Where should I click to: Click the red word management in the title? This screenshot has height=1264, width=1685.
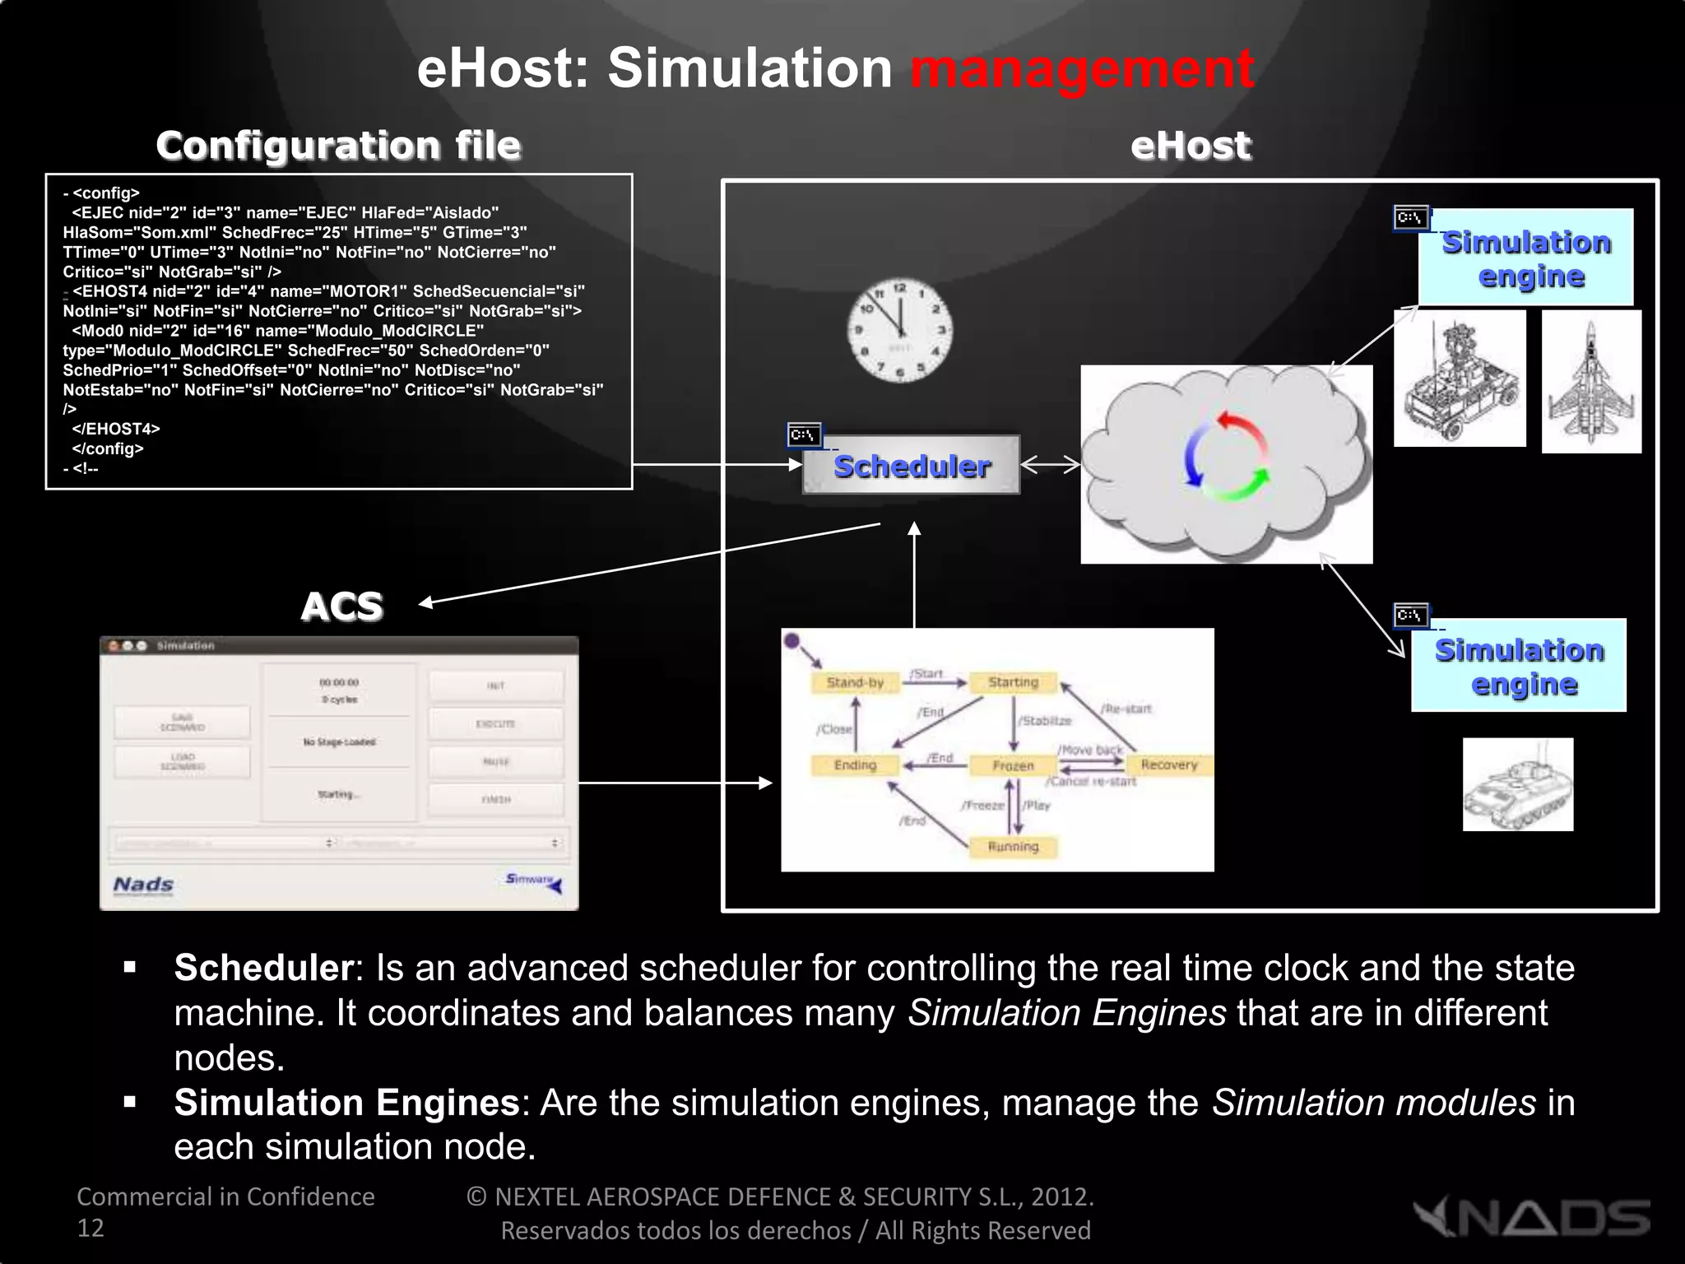(x=1082, y=68)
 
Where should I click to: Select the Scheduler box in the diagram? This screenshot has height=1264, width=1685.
(x=912, y=466)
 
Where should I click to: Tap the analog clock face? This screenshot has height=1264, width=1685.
(x=900, y=330)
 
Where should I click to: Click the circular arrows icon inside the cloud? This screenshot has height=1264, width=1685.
(x=1226, y=457)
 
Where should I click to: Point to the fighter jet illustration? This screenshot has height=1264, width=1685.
(x=1590, y=381)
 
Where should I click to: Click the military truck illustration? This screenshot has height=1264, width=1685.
(x=1460, y=379)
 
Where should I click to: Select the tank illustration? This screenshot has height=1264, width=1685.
(x=1518, y=784)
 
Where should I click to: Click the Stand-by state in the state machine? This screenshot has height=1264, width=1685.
(x=855, y=682)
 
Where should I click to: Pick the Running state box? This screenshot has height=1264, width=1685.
(x=1013, y=847)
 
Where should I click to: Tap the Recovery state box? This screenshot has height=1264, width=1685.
(x=1168, y=764)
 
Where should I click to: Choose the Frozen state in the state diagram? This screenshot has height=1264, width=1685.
(x=1013, y=765)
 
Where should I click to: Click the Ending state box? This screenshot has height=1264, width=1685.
(x=855, y=765)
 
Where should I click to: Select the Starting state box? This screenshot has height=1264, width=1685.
(x=1013, y=682)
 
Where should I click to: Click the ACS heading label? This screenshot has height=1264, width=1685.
(x=341, y=606)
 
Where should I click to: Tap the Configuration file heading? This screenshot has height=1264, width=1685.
(x=338, y=146)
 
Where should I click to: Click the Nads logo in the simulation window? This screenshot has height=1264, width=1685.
(x=143, y=885)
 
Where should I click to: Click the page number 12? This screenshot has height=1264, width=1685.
(x=91, y=1228)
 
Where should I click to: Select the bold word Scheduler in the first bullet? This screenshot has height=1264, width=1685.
(x=263, y=968)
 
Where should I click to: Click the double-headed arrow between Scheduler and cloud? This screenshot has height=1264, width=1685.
(x=1050, y=465)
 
